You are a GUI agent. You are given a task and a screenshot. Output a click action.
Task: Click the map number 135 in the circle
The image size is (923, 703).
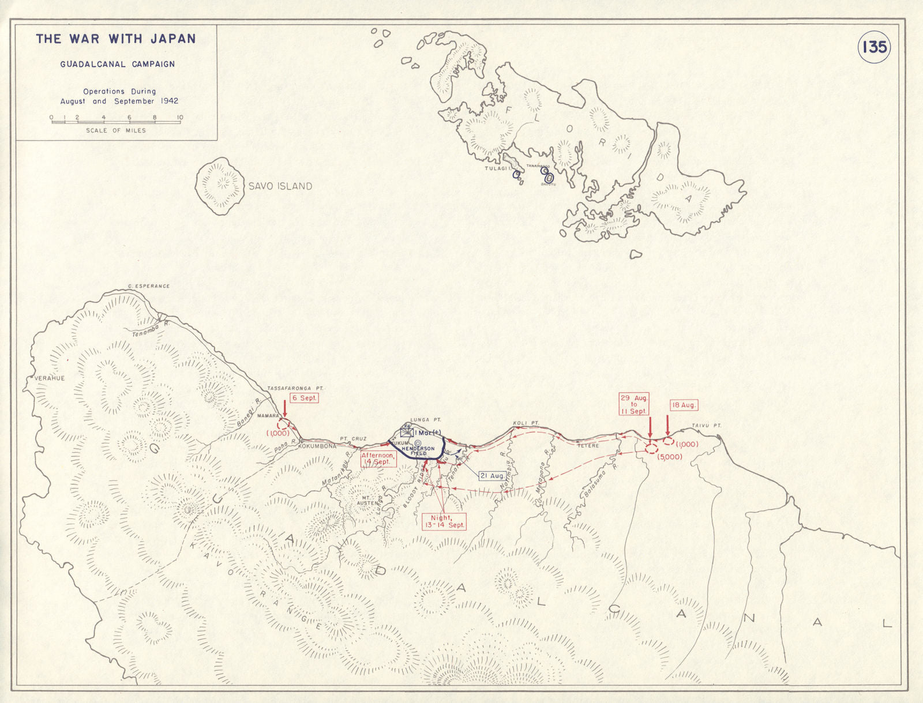coord(874,47)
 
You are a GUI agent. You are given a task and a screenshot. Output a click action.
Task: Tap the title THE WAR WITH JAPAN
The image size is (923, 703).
coord(115,39)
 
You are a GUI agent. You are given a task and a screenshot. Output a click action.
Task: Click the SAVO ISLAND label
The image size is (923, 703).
coord(280,186)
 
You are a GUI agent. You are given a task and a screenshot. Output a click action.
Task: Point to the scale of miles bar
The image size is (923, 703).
coord(115,121)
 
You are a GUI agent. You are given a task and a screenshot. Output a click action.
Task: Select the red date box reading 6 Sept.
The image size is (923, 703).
coord(303,398)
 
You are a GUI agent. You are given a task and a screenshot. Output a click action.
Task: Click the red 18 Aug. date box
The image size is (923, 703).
coord(684,405)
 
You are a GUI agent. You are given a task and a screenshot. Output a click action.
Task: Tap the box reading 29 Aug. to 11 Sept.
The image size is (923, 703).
coord(633,404)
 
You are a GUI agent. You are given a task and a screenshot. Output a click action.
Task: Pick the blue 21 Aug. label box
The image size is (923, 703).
coord(492,476)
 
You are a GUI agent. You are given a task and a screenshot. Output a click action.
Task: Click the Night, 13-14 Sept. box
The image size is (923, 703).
coord(444,521)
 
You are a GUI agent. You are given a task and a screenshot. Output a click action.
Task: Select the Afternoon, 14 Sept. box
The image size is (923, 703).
coord(378,458)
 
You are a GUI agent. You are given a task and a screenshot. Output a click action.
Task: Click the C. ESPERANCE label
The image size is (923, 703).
coord(149,286)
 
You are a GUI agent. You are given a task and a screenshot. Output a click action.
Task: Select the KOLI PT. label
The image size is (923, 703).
coord(526,423)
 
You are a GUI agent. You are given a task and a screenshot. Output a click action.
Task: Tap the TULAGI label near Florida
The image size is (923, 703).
coord(494,168)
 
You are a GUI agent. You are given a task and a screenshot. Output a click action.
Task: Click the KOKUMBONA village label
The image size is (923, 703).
coord(317,446)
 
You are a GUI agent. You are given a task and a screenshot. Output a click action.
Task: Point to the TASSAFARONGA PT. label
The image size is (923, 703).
coord(295,389)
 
